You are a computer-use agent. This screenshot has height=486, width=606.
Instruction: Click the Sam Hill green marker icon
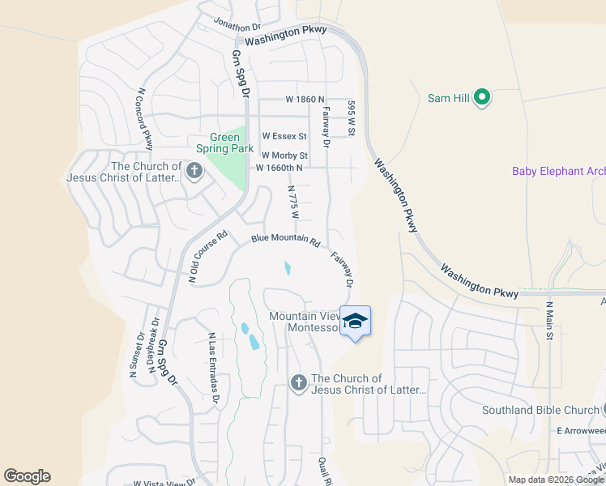click(x=482, y=98)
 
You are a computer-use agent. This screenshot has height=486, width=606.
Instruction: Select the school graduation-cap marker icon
click(x=355, y=322)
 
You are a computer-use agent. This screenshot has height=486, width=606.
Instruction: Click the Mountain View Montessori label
click(x=303, y=322)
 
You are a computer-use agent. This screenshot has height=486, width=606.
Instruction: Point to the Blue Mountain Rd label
click(x=286, y=240)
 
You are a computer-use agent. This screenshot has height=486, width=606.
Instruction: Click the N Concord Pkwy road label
click(x=145, y=119)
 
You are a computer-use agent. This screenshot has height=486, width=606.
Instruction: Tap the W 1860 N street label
click(x=305, y=99)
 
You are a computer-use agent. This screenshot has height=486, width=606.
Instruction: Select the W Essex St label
click(x=284, y=136)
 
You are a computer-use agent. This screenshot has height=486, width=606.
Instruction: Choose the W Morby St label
click(x=284, y=155)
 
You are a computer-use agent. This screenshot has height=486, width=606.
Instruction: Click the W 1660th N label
click(x=279, y=168)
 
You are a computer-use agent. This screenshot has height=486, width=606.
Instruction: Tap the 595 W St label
click(x=352, y=117)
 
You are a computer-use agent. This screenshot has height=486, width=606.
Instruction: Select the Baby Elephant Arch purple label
click(x=558, y=171)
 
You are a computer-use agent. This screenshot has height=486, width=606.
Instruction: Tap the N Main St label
click(x=549, y=319)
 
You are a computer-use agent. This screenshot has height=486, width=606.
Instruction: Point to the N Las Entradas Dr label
click(x=214, y=367)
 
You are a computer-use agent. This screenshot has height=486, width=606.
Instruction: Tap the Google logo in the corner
click(x=27, y=476)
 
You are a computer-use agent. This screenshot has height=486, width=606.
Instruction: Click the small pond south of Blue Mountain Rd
click(x=288, y=268)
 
